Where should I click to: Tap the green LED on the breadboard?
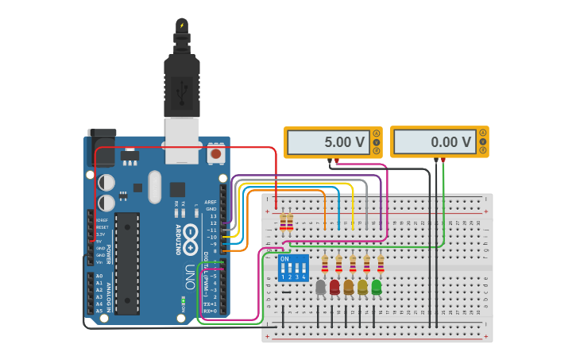tap(377, 287)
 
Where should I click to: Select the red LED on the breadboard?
tap(334, 287)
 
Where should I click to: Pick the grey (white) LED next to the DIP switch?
tap(321, 287)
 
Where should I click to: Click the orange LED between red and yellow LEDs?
tap(349, 287)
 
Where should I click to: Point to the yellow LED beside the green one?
tap(363, 287)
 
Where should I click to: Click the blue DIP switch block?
tap(293, 269)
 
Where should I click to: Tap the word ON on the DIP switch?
tap(284, 259)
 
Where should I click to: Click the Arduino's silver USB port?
tap(182, 135)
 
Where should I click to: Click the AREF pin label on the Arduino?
tap(211, 203)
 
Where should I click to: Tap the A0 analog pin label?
tap(99, 275)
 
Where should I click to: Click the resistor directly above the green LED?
tap(381, 263)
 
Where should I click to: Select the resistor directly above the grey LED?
tap(324, 263)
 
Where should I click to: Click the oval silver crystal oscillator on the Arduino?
tap(155, 188)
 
